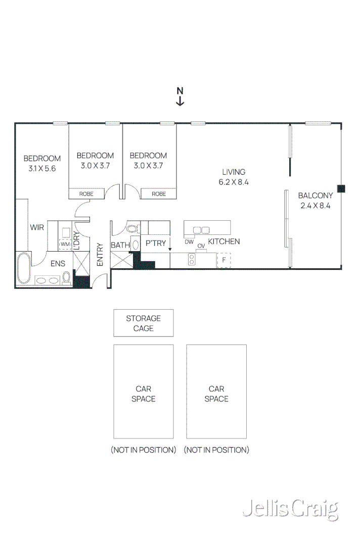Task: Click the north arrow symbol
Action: click(179, 96)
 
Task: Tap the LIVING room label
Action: click(233, 172)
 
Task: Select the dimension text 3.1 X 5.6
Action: click(42, 168)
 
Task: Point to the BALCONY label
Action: click(315, 195)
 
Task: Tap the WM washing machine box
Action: click(65, 244)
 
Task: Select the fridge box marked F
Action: click(223, 260)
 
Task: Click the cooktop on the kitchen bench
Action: click(192, 260)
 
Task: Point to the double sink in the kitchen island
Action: click(201, 230)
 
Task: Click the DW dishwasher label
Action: click(189, 242)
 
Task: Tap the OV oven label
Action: click(201, 246)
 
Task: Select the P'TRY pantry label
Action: click(155, 243)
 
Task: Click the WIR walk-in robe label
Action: click(37, 227)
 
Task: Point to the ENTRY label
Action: click(100, 255)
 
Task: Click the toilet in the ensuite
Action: click(66, 277)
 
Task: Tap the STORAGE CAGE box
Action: click(143, 323)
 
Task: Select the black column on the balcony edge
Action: click(341, 188)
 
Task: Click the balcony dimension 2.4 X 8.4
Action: click(315, 206)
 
